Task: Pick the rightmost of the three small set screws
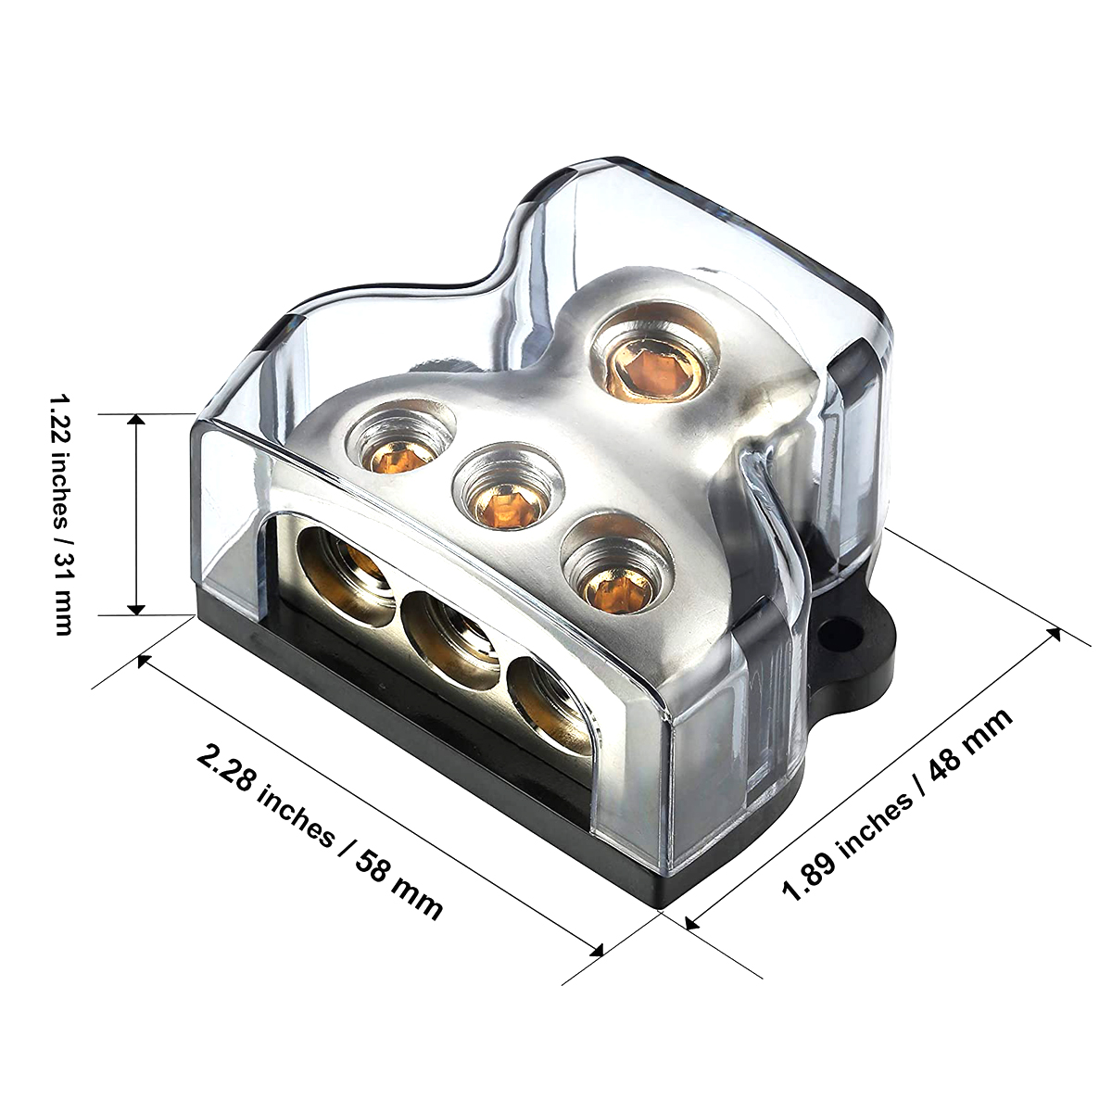coord(604,563)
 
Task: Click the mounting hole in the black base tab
coord(840,631)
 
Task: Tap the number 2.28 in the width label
coord(226,766)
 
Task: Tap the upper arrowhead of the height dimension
coord(136,421)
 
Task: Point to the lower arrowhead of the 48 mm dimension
coord(691,921)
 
